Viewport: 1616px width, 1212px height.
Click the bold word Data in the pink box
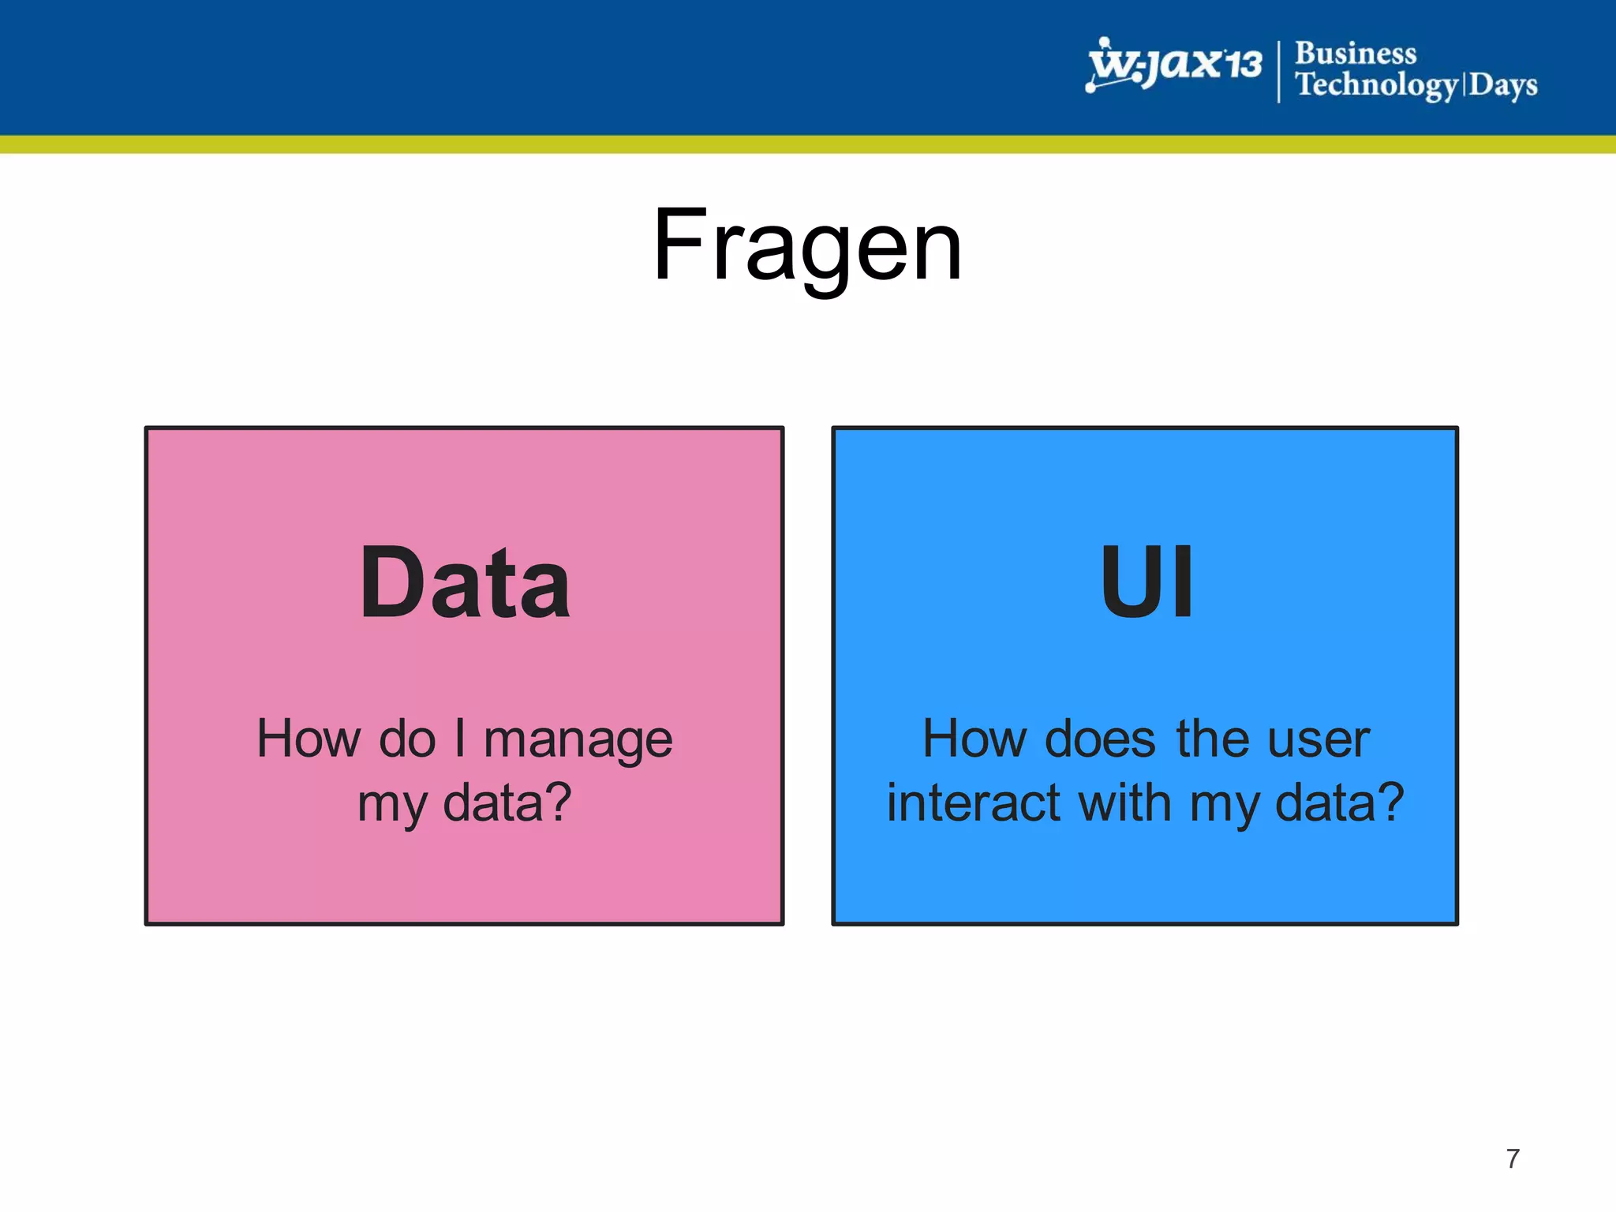coord(465,584)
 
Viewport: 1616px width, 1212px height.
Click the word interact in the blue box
coord(973,803)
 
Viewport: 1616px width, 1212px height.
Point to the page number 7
coord(1512,1158)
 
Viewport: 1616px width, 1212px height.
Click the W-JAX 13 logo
coord(1174,65)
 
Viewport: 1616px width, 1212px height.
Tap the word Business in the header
coord(1356,53)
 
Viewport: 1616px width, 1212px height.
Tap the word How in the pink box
coord(308,739)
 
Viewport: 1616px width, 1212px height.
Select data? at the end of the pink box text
coord(507,803)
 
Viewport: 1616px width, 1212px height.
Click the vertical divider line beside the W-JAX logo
coord(1278,71)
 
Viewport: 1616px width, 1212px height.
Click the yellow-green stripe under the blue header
coord(808,144)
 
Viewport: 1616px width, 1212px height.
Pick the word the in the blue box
coord(1212,739)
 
